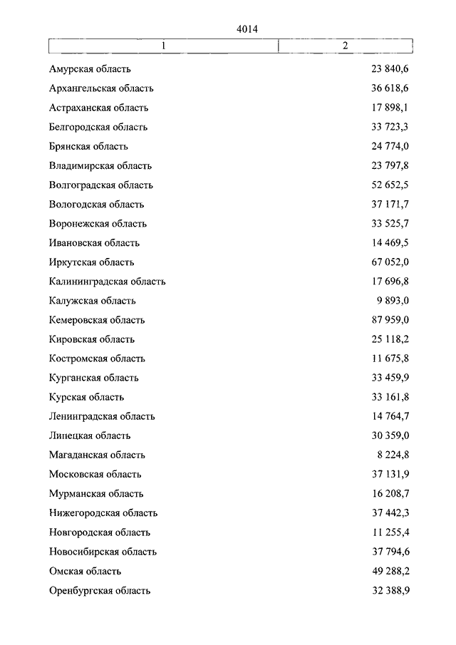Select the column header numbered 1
coord(163,46)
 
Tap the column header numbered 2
coord(345,46)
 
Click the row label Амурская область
coord(90,70)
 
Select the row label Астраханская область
coord(99,108)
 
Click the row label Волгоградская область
coord(101,185)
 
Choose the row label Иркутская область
coord(92,262)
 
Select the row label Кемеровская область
coord(98,320)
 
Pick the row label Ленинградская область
coord(102,416)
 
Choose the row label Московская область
coord(95,474)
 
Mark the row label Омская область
coord(85,571)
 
